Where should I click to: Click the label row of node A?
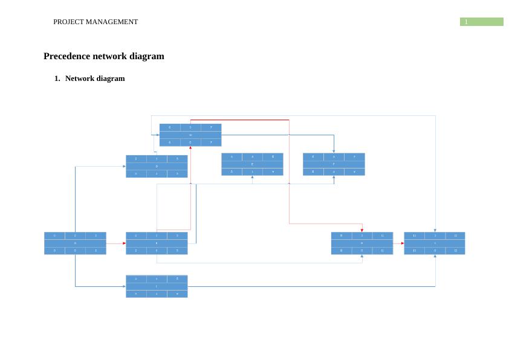pyautogui.click(x=75, y=243)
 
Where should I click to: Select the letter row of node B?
pyautogui.click(x=157, y=243)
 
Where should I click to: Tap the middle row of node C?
pyautogui.click(x=157, y=286)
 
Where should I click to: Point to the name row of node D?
pyautogui.click(x=157, y=166)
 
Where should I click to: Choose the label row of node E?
pyautogui.click(x=252, y=164)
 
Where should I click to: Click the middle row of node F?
pyautogui.click(x=334, y=164)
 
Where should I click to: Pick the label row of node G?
pyautogui.click(x=190, y=135)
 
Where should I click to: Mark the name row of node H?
pyautogui.click(x=361, y=243)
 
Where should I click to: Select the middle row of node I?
pyautogui.click(x=435, y=243)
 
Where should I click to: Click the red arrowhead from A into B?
pyautogui.click(x=124, y=243)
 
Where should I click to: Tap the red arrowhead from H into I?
pyautogui.click(x=402, y=243)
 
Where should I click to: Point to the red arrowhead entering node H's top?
pyautogui.click(x=361, y=230)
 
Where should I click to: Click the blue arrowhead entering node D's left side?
pyautogui.click(x=124, y=166)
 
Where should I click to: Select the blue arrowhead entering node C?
pyautogui.click(x=124, y=286)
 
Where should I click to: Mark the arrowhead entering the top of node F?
pyautogui.click(x=334, y=151)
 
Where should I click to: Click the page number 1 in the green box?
pyautogui.click(x=467, y=22)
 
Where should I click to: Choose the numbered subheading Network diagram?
pyautogui.click(x=95, y=79)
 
